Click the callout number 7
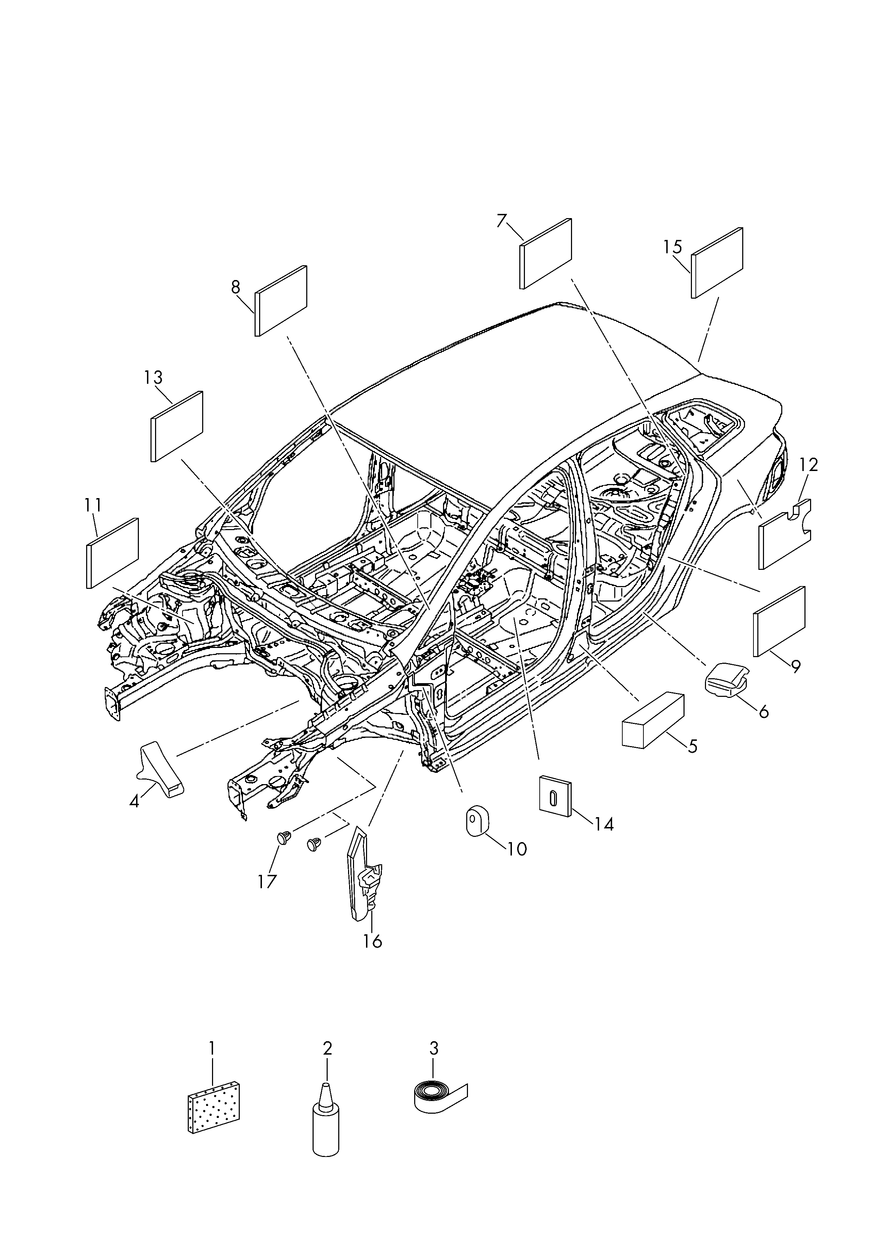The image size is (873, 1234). (x=501, y=221)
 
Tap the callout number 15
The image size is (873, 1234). (x=673, y=247)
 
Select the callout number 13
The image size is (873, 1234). (x=153, y=377)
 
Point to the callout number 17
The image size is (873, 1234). (x=267, y=882)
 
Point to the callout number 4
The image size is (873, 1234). (x=134, y=816)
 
